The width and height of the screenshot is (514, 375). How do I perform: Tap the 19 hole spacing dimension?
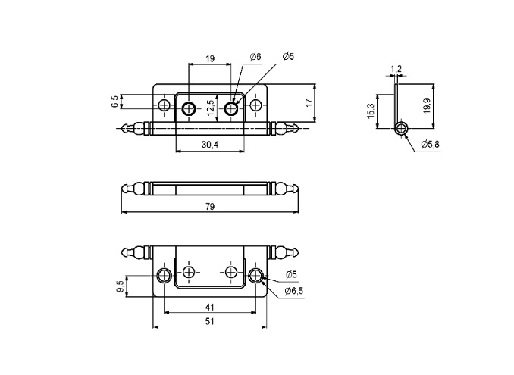point(210,58)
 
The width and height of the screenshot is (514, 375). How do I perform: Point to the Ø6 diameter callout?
point(255,57)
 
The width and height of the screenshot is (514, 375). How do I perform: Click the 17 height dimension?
point(309,102)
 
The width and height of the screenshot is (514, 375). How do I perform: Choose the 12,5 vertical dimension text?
point(210,106)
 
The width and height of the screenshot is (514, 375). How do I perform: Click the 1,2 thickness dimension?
point(396,70)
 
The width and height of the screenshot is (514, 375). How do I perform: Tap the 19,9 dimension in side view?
point(427,105)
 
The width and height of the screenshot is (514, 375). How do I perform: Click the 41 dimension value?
point(210,308)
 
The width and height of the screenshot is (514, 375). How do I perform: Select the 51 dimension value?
point(210,322)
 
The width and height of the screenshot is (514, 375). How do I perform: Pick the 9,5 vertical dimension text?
point(121,286)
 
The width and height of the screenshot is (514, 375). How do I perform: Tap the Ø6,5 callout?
point(294,291)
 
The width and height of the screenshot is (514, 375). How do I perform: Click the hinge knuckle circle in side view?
point(401,127)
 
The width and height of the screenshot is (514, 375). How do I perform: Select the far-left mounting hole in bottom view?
point(165,274)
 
